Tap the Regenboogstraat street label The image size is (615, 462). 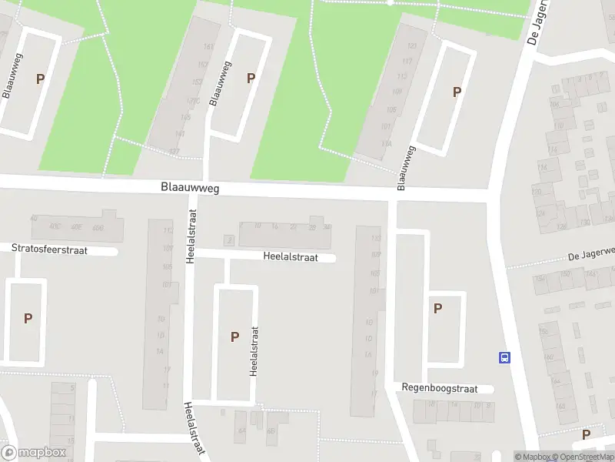pos(440,387)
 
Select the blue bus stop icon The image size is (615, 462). pos(505,357)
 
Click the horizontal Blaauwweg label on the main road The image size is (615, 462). pos(190,187)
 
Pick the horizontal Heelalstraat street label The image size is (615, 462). pos(290,258)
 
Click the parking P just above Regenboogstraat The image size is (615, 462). pos(437,309)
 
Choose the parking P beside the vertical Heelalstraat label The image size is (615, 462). pos(234,336)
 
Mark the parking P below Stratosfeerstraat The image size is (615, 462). pos(28,318)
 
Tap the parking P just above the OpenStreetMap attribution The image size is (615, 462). pos(587,434)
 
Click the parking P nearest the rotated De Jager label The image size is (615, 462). pos(457,92)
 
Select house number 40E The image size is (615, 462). pos(76,227)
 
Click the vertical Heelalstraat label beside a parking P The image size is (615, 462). pos(253,350)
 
